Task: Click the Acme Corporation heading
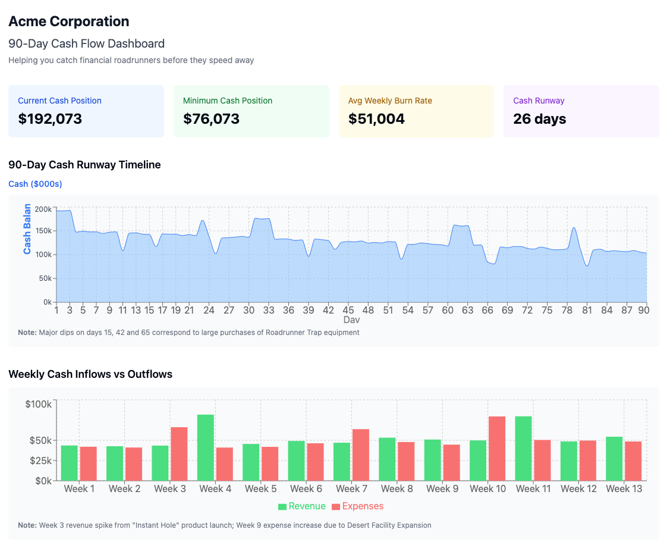pos(68,21)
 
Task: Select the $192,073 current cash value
pos(50,119)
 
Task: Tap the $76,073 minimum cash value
pos(211,119)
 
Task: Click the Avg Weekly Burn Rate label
pos(390,101)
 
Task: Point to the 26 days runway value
pos(539,119)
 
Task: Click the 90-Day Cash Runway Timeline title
pos(84,165)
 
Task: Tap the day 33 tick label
pos(269,310)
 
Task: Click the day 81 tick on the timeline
pos(587,310)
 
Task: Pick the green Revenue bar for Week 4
pos(206,447)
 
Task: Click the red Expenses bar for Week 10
pos(497,448)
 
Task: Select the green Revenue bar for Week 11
pos(523,448)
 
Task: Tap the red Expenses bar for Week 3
pos(179,453)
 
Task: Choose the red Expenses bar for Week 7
pos(361,455)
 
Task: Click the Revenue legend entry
pos(302,506)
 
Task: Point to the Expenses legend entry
pos(357,506)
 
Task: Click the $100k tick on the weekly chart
pos(39,405)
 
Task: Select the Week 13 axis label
pos(624,488)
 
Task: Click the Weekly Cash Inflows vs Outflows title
pos(90,374)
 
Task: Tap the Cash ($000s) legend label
pos(35,184)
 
